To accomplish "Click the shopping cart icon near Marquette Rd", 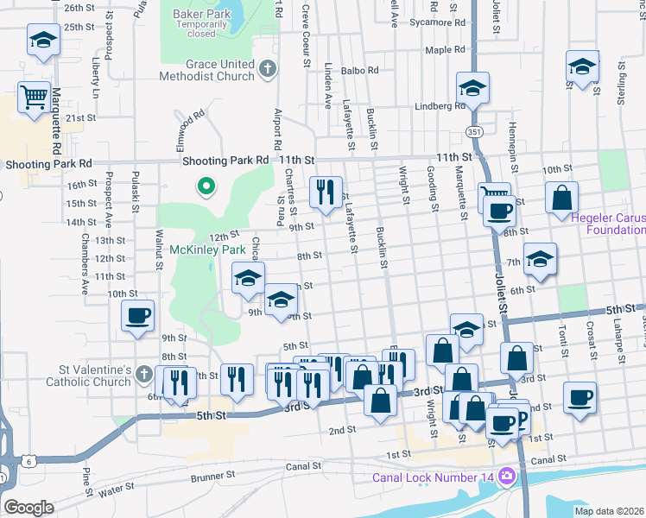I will [34, 98].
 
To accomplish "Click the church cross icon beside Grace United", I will [269, 67].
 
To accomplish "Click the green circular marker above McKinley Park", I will [206, 186].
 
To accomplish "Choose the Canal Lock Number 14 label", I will [432, 477].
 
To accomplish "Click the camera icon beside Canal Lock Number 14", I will [506, 476].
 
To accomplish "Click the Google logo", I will [28, 508].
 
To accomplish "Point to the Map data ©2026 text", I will [609, 511].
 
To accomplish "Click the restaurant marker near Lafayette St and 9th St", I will [326, 193].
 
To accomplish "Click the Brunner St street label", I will [212, 475].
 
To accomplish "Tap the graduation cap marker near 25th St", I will [42, 40].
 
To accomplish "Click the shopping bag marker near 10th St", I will [561, 198].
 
